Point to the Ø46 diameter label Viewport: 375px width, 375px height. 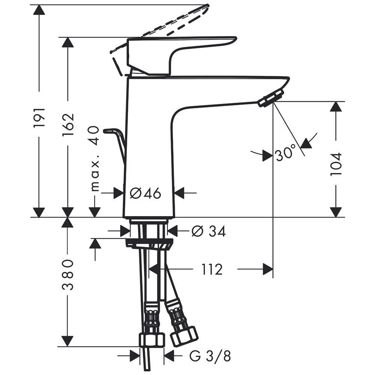click(145, 193)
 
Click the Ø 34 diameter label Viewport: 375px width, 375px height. click(208, 232)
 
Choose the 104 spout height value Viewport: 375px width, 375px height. click(336, 164)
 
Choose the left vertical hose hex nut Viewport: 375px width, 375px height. click(153, 339)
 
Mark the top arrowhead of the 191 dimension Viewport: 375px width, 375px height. click(39, 10)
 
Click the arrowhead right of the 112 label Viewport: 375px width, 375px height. click(267, 269)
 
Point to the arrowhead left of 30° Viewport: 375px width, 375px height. click(267, 155)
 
